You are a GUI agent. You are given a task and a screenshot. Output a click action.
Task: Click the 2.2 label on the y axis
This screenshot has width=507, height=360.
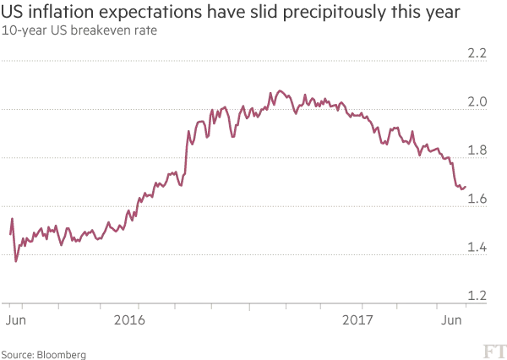(477, 53)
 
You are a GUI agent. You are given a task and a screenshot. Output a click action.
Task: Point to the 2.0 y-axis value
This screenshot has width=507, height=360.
(477, 101)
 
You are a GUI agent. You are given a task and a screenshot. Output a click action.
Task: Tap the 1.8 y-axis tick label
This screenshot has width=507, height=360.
(477, 150)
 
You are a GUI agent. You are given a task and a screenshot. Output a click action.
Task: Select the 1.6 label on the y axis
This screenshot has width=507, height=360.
(477, 199)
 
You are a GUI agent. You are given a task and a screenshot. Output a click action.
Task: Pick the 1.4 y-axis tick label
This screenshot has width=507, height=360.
(477, 248)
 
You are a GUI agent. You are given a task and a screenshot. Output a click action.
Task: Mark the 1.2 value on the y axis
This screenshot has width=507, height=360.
(477, 296)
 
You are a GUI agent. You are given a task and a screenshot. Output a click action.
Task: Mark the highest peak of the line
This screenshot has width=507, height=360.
(280, 90)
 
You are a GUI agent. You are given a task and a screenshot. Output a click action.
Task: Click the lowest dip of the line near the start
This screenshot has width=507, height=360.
(17, 262)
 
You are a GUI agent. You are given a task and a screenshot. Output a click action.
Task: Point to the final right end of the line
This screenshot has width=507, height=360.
(466, 187)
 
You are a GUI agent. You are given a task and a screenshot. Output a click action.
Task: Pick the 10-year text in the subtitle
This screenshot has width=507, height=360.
(21, 32)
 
